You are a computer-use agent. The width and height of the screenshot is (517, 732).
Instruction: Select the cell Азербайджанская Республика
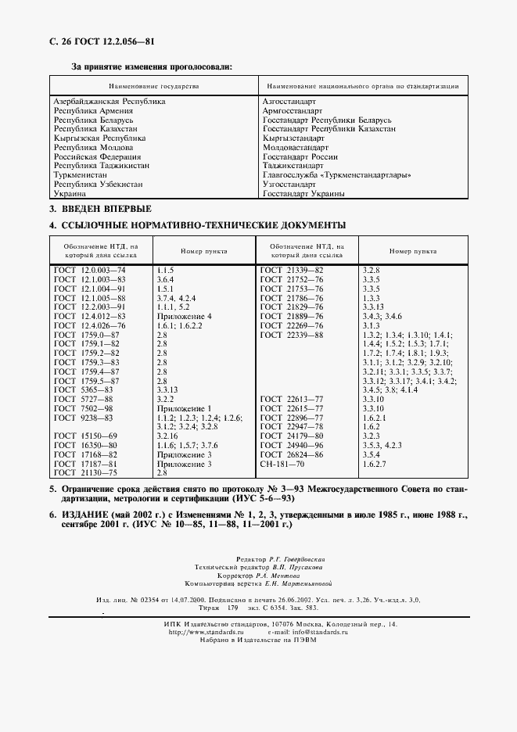tap(109, 102)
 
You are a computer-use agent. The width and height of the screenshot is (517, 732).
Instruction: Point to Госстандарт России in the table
tap(300, 156)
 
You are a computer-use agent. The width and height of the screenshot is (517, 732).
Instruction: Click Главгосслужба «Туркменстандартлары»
tap(336, 174)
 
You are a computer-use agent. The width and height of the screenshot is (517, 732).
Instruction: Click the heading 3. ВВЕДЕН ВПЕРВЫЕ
tap(100, 209)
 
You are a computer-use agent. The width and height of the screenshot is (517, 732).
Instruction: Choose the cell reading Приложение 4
tap(184, 316)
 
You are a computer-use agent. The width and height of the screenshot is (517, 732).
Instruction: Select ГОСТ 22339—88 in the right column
tap(291, 335)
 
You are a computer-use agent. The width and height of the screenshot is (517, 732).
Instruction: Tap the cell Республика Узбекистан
tap(98, 184)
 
